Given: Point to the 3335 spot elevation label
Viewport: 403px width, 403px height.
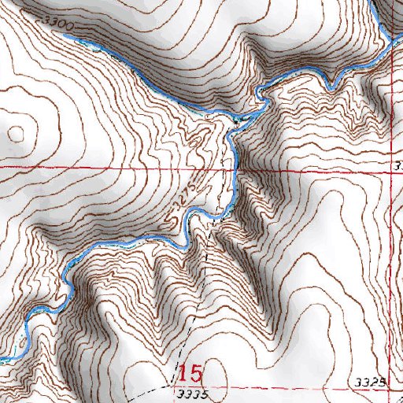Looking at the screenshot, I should point(193,391).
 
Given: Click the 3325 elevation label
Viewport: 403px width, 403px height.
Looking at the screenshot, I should point(369,383).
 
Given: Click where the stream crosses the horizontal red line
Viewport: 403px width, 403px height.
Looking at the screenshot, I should point(234,169).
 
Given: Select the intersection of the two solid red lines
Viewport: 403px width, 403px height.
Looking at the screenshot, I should point(389,169).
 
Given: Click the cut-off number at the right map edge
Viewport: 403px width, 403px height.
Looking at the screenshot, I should point(399,165).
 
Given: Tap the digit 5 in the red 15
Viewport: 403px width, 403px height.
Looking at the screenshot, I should point(196,373).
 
